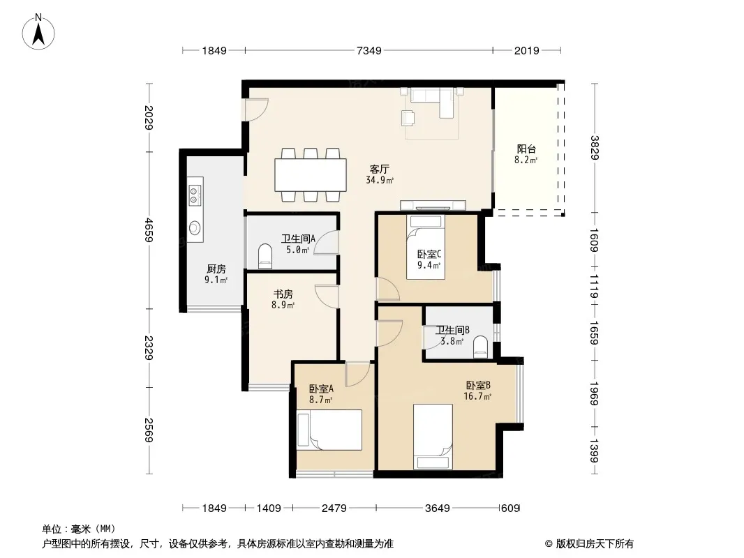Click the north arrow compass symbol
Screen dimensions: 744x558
(x=38, y=32)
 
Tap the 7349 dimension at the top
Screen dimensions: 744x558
(x=369, y=50)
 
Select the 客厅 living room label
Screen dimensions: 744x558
(x=380, y=169)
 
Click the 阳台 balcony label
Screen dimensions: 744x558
(x=526, y=149)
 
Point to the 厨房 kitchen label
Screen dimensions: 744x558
(x=216, y=269)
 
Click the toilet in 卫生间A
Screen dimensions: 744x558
(x=265, y=256)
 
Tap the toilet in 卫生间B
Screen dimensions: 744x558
(x=481, y=346)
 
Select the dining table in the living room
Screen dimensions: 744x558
(x=311, y=174)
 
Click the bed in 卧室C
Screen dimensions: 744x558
(x=426, y=247)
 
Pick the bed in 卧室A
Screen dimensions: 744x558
(x=329, y=430)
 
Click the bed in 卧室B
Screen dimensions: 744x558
(x=433, y=437)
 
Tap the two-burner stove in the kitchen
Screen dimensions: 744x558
(x=195, y=195)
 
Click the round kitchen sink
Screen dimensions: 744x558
(x=195, y=228)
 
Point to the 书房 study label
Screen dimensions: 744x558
(x=283, y=294)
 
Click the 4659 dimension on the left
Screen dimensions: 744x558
(x=149, y=230)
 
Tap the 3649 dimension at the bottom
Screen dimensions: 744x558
(x=437, y=508)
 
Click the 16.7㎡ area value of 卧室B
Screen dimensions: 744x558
(x=477, y=396)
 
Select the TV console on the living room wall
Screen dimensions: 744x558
(x=433, y=205)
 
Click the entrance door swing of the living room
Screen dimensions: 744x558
(x=257, y=110)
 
